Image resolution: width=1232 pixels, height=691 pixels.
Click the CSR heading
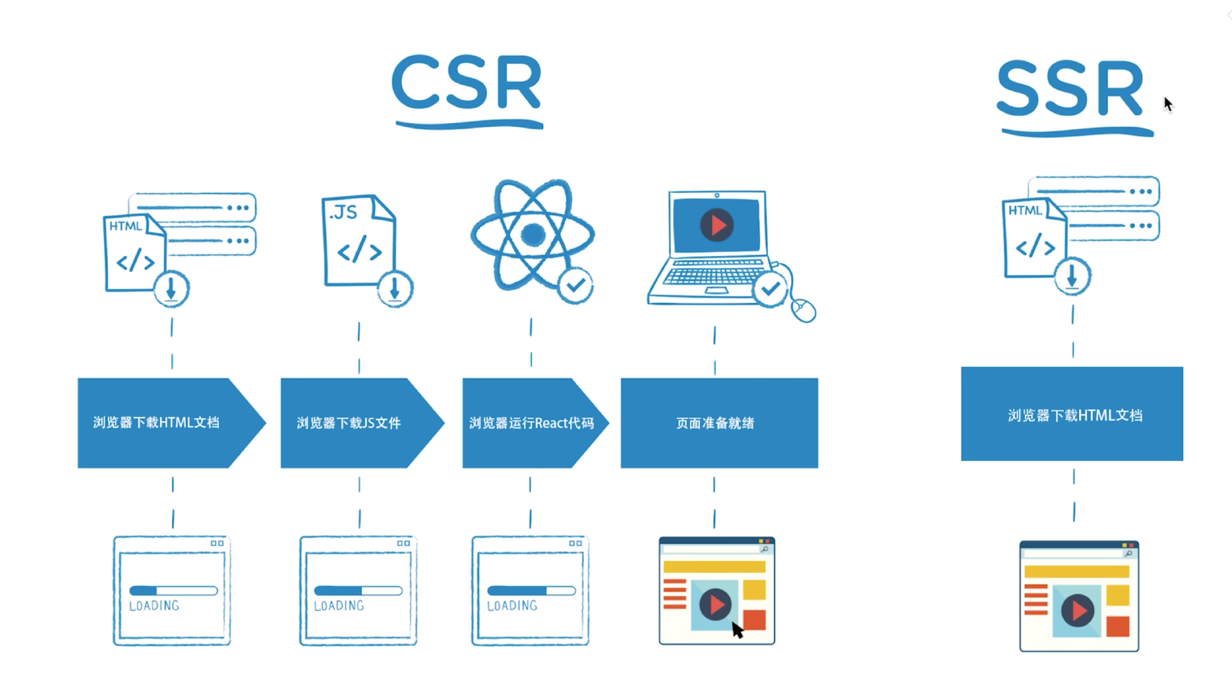coord(467,83)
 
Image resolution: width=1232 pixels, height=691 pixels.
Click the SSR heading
coord(1071,89)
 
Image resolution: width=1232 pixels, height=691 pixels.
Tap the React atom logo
coord(533,234)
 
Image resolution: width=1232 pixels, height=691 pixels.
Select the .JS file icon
coord(359,240)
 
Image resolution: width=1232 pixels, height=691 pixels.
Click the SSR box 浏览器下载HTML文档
coord(1072,414)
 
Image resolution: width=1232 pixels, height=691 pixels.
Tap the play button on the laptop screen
coord(716,225)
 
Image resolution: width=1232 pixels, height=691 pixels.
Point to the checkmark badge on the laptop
coord(771,290)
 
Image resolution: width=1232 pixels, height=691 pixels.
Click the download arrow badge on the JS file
coord(395,289)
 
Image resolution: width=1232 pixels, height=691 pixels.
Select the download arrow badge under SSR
coord(1072,277)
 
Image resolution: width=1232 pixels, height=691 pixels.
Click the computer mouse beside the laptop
coord(804,310)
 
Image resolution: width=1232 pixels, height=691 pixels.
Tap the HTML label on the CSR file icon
coord(125,226)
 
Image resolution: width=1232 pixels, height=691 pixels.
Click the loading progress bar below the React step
coord(531,591)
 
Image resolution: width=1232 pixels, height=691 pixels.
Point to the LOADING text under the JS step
coord(339,606)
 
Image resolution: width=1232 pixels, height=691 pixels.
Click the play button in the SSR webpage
coord(1077,610)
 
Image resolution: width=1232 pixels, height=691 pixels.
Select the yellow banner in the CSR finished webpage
coord(714,567)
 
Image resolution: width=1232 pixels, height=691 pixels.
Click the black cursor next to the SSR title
coord(1168,104)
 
